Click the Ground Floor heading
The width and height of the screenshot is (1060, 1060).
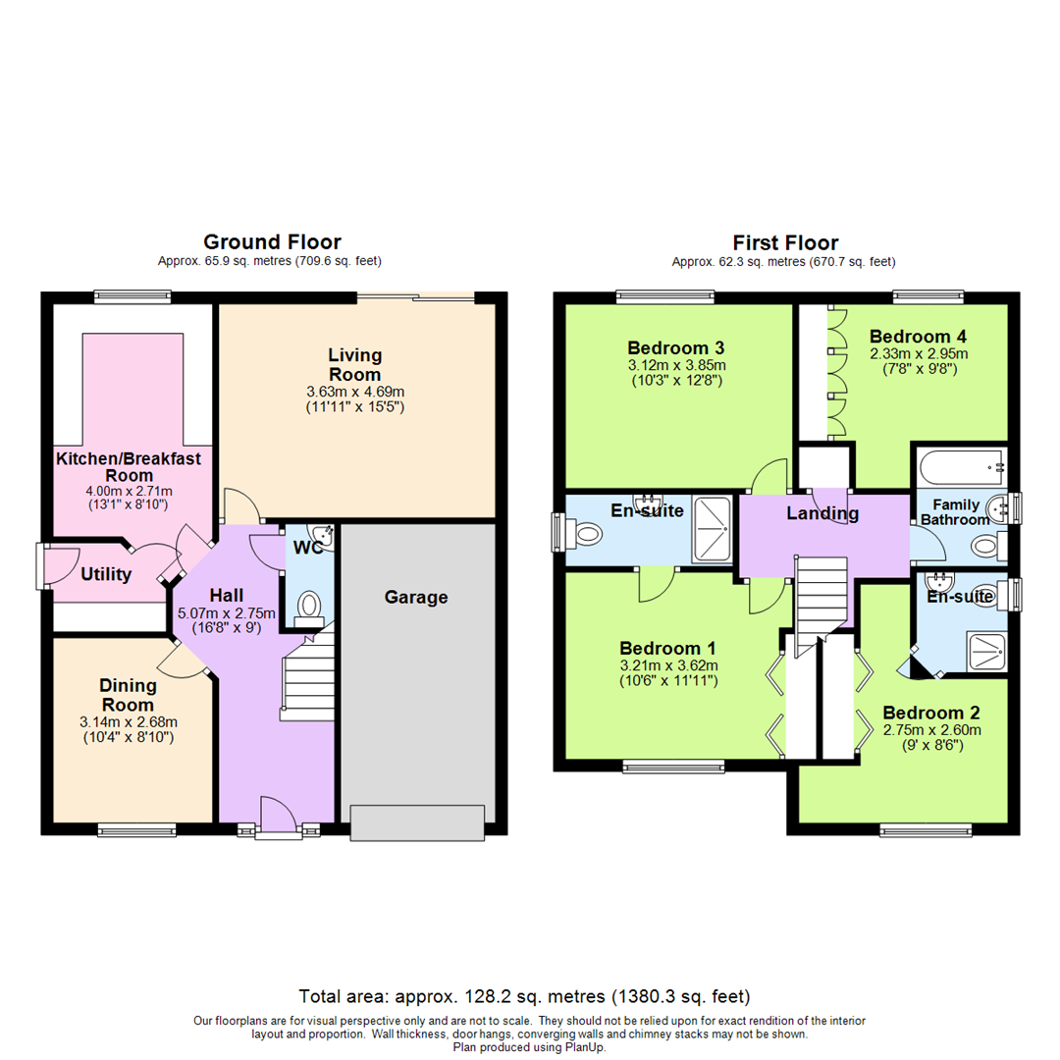click(273, 242)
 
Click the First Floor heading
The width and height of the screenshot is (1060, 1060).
click(785, 242)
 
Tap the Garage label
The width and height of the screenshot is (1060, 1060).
click(416, 597)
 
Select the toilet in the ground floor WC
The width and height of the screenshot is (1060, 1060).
click(309, 608)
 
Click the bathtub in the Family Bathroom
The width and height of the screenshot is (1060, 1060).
click(962, 466)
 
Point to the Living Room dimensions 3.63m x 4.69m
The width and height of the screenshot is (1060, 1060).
click(355, 392)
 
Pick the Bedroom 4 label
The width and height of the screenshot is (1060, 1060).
click(918, 336)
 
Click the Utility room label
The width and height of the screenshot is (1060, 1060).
click(106, 574)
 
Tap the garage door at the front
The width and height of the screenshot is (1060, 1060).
click(417, 822)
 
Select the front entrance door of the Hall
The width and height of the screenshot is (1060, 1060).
click(279, 817)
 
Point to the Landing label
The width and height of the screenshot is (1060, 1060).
click(822, 513)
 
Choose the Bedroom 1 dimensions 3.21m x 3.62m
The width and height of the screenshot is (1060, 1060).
click(668, 665)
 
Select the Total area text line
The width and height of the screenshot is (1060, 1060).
click(524, 996)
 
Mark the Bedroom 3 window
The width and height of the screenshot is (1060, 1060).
click(665, 296)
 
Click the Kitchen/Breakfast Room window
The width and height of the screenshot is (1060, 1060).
click(132, 296)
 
